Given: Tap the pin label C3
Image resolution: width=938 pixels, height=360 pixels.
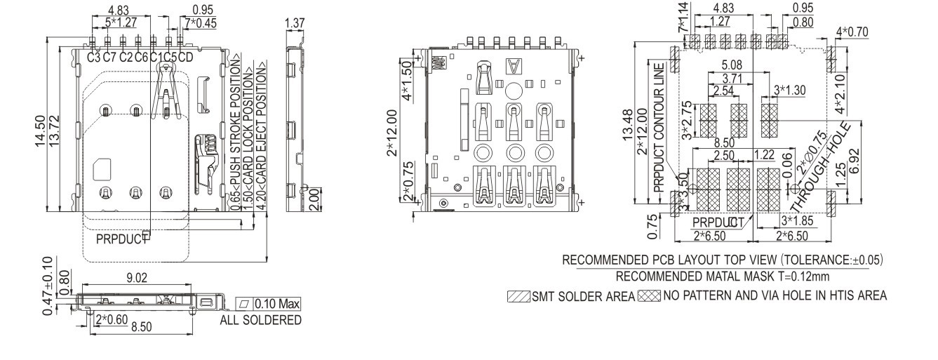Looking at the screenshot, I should [94, 57].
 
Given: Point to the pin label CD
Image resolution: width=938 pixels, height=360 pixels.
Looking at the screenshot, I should [185, 57].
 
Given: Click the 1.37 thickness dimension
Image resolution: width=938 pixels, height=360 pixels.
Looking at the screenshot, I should [294, 25].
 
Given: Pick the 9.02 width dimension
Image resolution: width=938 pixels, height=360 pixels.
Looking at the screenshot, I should [137, 279].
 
